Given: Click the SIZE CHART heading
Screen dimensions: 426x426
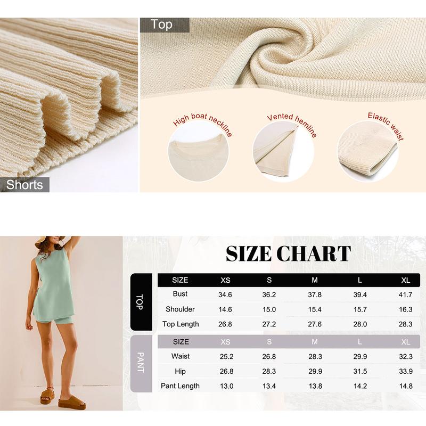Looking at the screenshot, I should point(288,253).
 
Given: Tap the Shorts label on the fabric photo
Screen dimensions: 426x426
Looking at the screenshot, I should point(25,185).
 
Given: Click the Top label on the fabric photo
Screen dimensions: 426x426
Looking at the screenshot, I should point(161,24).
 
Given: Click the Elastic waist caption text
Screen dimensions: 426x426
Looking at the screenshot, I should point(386,125).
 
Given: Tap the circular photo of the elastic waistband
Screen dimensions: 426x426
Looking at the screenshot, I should point(368,151).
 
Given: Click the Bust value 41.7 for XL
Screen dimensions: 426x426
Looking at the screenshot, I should point(406,294).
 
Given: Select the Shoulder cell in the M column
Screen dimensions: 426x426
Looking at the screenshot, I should point(315,309).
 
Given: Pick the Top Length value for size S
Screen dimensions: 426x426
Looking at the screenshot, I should point(269,324).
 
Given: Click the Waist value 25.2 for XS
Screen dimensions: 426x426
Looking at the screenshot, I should point(225,356).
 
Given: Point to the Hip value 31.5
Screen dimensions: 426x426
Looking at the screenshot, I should point(361,371).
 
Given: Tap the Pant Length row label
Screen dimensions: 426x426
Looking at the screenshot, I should point(181,386).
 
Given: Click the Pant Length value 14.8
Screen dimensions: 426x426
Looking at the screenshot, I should point(406,386).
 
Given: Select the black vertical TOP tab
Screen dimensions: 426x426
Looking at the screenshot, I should point(141,302).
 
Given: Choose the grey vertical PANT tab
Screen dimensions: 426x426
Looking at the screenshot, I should point(141,364).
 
